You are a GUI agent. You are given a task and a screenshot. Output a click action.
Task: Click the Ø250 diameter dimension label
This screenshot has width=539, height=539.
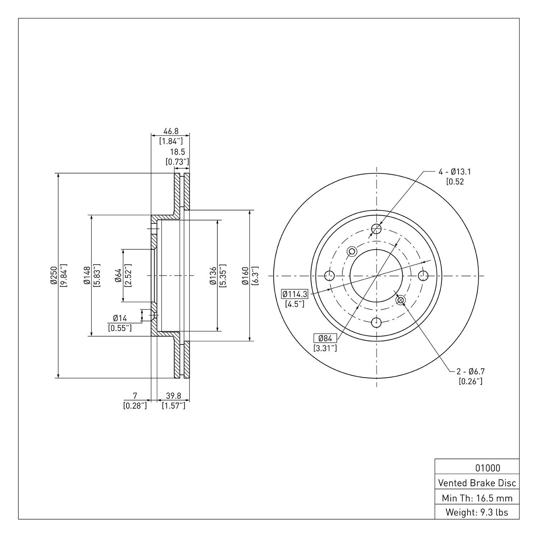[x=54, y=276]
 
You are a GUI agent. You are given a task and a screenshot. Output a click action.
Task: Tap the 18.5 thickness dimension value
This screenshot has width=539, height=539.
[x=178, y=152]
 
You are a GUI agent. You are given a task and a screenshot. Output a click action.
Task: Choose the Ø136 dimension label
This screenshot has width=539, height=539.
[x=213, y=276]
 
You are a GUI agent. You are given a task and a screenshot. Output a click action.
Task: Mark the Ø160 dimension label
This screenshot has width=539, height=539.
[x=245, y=276]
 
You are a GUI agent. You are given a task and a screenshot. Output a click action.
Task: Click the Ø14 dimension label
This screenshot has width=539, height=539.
[x=120, y=318]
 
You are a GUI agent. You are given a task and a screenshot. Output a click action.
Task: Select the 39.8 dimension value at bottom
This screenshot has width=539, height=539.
[x=174, y=396]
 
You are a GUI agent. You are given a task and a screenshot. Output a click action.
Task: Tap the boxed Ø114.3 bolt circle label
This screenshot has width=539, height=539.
[x=295, y=294]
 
